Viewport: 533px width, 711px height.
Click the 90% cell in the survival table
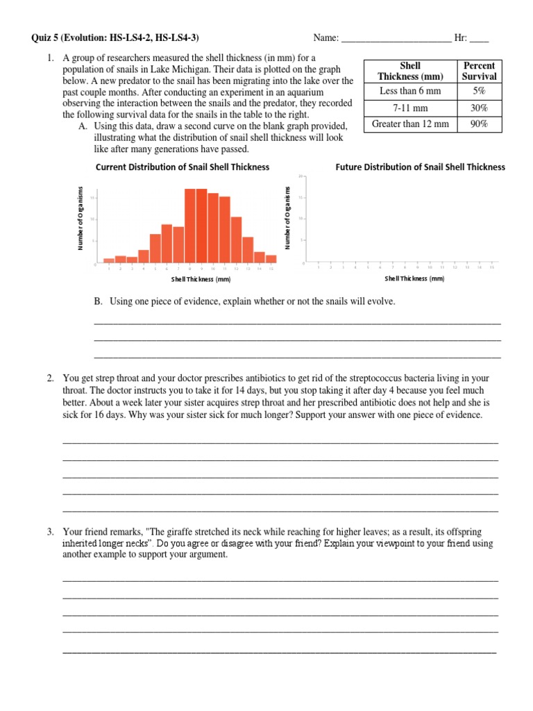pos(479,124)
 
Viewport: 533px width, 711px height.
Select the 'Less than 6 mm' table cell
pos(409,91)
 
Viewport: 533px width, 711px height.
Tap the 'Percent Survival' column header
pos(479,71)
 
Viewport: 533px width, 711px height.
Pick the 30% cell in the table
pos(479,108)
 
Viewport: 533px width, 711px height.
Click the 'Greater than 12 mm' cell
pos(409,124)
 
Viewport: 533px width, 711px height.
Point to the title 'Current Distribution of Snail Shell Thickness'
pos(182,167)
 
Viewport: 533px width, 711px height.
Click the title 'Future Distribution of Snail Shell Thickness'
pos(421,167)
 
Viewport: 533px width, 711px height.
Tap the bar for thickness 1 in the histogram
pos(109,260)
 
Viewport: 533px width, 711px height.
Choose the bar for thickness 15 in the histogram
pos(271,259)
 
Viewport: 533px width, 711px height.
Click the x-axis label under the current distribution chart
pos(201,279)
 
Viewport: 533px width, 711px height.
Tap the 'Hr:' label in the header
pos(462,38)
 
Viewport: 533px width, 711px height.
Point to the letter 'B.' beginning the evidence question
pos(98,301)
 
